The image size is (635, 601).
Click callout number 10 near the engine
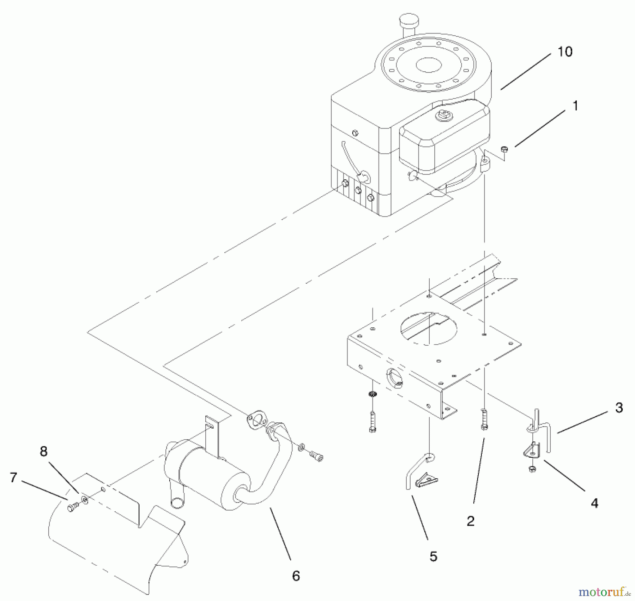564,52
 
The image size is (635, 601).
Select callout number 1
575,106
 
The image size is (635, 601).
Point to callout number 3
619,408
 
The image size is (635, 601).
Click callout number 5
433,557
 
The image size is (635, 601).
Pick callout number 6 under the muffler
296,576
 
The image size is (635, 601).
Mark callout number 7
13,478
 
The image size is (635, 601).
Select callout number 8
43,451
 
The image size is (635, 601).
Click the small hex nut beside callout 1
504,149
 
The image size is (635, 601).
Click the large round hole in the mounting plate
428,328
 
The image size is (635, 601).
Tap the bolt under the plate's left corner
373,422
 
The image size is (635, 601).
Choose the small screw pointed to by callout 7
72,508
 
